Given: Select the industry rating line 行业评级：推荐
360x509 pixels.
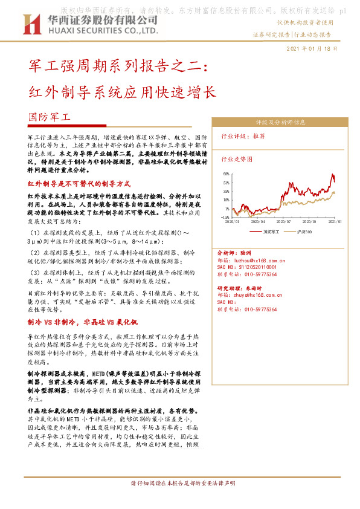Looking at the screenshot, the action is (x=243, y=137).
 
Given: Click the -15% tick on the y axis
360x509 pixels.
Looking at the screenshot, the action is (x=225, y=216).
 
